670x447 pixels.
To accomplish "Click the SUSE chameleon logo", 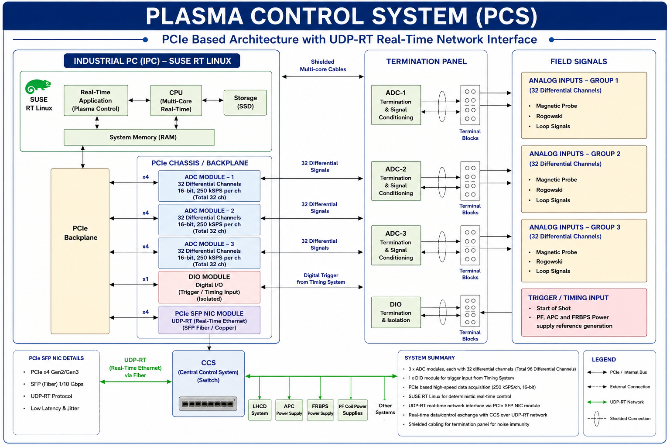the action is [38, 87].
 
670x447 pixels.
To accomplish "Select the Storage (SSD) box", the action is [245, 103].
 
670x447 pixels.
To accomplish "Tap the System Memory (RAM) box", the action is [140, 138].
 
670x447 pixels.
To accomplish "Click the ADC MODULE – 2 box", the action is [209, 220].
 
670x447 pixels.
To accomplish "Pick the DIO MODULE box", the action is [209, 287].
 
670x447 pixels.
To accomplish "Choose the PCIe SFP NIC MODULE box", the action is [209, 320].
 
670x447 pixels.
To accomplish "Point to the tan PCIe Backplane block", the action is [80, 251].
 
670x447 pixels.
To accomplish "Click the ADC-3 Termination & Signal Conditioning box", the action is [396, 245].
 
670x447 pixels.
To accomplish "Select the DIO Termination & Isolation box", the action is [396, 313].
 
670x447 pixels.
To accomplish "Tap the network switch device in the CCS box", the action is [208, 404].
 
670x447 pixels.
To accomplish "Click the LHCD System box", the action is [260, 410].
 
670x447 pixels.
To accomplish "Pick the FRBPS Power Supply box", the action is [320, 410].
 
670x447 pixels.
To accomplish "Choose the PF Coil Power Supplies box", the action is [352, 410].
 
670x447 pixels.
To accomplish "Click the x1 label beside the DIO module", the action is [145, 279].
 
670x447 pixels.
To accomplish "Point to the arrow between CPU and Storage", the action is [213, 100].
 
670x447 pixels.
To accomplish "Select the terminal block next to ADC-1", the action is [470, 105].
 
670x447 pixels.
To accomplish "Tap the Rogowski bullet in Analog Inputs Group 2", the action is [549, 190].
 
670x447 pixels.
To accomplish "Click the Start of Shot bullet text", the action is [554, 308].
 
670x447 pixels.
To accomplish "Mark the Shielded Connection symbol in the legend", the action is [597, 419].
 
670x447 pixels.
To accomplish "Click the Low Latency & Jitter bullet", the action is [55, 409].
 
